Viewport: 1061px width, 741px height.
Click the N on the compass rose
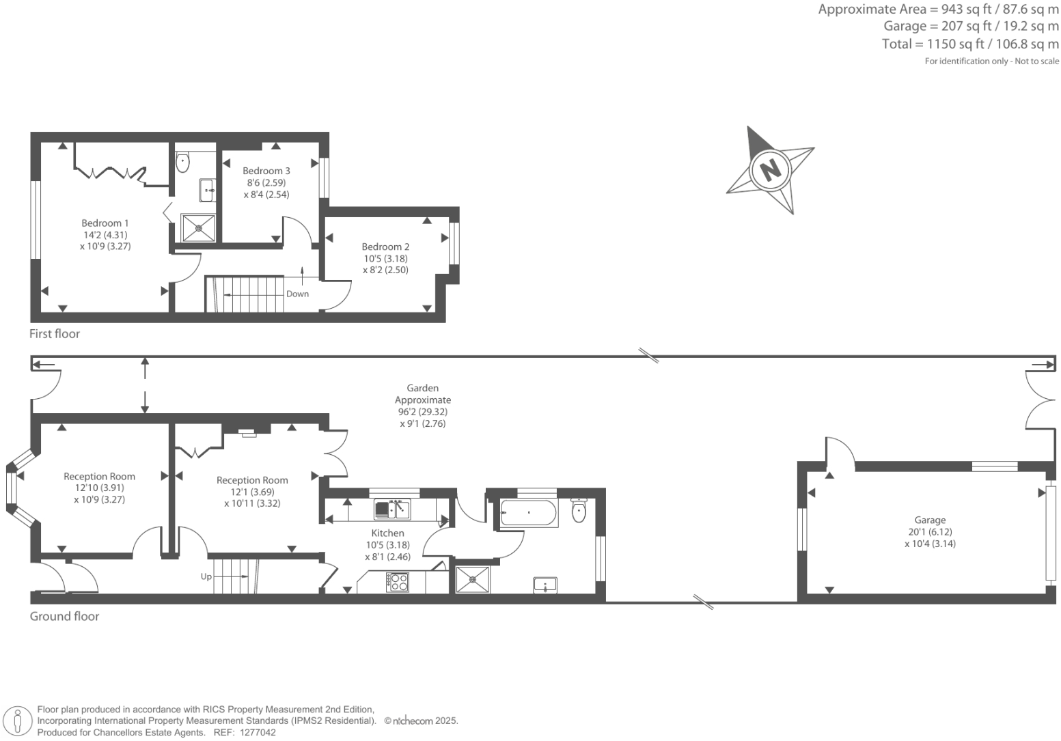tap(770, 168)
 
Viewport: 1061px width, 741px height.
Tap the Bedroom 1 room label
tap(105, 223)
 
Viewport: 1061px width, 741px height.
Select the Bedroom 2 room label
tap(386, 247)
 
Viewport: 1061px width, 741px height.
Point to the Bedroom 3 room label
tap(266, 171)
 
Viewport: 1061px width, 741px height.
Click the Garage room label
tap(930, 520)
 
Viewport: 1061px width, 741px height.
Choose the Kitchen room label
tap(388, 533)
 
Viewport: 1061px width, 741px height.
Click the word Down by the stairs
tap(298, 294)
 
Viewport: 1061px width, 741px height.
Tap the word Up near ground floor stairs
tap(206, 577)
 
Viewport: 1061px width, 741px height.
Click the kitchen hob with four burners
tap(398, 582)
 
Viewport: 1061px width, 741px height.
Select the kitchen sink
tap(392, 509)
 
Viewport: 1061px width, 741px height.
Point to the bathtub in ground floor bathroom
tap(529, 513)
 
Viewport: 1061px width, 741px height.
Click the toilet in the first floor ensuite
tap(182, 163)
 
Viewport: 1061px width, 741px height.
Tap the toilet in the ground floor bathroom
tap(579, 511)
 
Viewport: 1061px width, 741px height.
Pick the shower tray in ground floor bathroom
tap(473, 578)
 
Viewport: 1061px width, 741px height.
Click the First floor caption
tap(55, 334)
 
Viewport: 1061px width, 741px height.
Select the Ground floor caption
tap(65, 617)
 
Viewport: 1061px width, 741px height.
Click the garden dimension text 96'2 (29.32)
tap(423, 412)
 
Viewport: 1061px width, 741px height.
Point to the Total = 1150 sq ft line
tap(970, 44)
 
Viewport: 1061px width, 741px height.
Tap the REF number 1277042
tap(255, 732)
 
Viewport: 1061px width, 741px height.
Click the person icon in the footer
tap(18, 721)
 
